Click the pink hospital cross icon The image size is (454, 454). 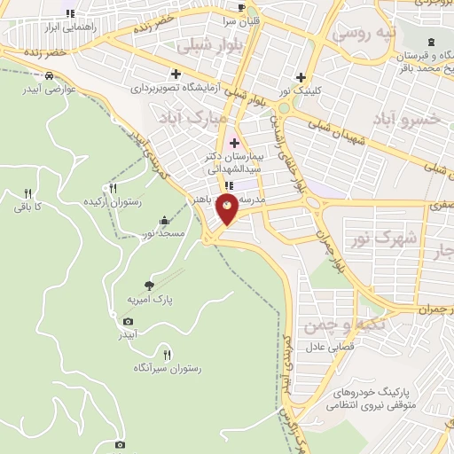tap(234, 142)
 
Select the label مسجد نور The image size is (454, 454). tap(164, 233)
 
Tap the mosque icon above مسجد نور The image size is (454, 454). tap(164, 220)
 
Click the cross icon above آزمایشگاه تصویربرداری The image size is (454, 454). tap(176, 74)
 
